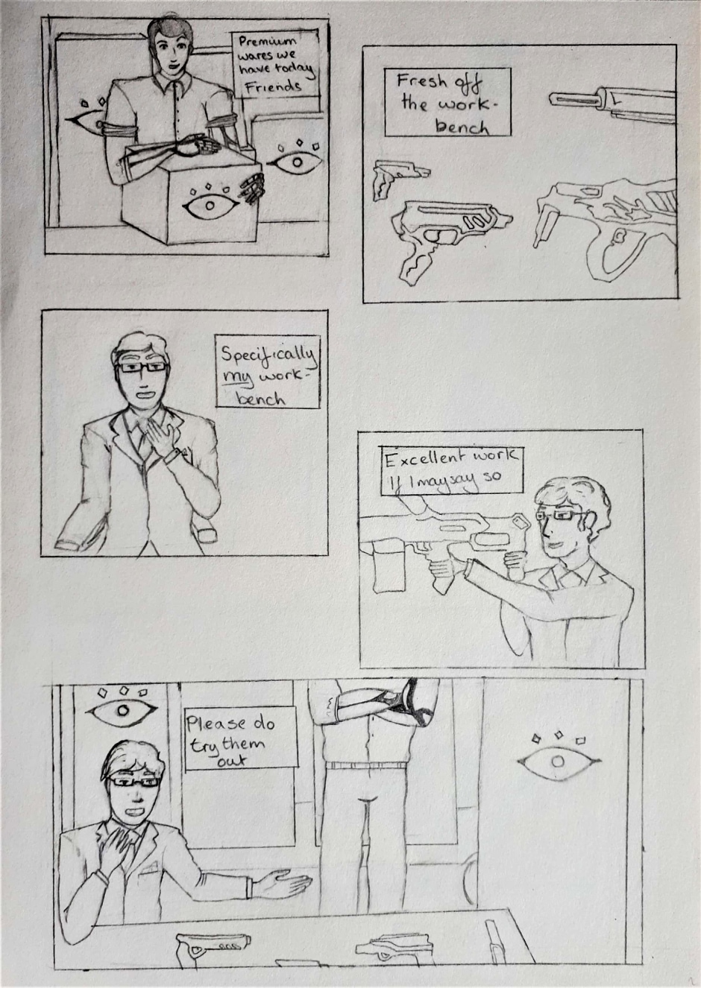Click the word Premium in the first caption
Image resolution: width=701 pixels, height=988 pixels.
point(268,42)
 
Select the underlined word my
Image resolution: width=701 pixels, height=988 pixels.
point(238,378)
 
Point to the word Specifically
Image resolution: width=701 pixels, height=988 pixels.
point(268,355)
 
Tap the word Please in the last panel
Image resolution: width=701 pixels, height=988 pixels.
point(216,724)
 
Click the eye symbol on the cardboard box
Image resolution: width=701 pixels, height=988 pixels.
point(210,204)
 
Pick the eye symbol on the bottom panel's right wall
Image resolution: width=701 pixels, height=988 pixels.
point(559,761)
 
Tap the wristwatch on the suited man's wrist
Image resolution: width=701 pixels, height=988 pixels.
point(172,455)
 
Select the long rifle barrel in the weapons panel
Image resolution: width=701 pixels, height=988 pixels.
point(574,99)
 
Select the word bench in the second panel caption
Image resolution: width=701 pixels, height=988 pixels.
point(462,127)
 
